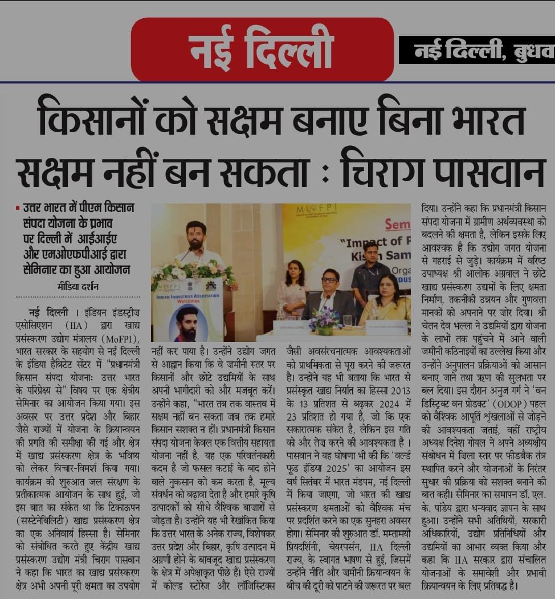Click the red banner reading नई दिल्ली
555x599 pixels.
[262, 48]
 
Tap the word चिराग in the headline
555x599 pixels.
[394, 169]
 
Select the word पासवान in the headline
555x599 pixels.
[491, 169]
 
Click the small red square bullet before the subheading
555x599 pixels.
[18, 209]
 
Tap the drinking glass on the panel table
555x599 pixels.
[347, 320]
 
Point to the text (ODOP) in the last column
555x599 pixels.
[497, 429]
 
